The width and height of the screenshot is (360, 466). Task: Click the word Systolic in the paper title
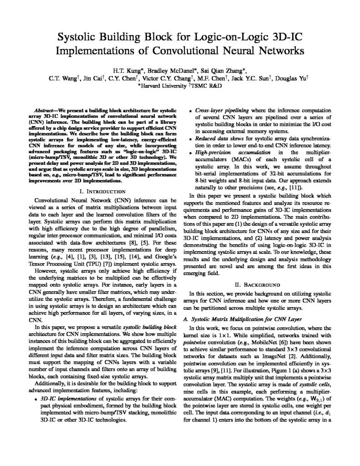coord(83,37)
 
